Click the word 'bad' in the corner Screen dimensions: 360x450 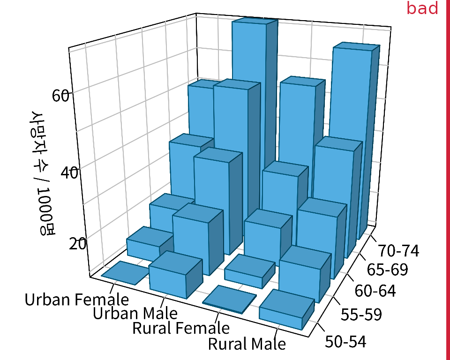click(x=422, y=8)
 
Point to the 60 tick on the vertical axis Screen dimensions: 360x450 click(x=61, y=95)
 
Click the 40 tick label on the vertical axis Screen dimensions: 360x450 click(x=69, y=172)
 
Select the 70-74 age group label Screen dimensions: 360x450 click(x=398, y=251)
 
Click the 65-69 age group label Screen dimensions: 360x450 click(x=387, y=270)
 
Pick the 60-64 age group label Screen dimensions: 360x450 click(x=375, y=291)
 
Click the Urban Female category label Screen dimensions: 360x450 click(x=76, y=300)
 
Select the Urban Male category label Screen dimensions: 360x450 click(x=135, y=313)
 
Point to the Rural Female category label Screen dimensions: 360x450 click(x=181, y=328)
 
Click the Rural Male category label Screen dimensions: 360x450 click(x=247, y=344)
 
